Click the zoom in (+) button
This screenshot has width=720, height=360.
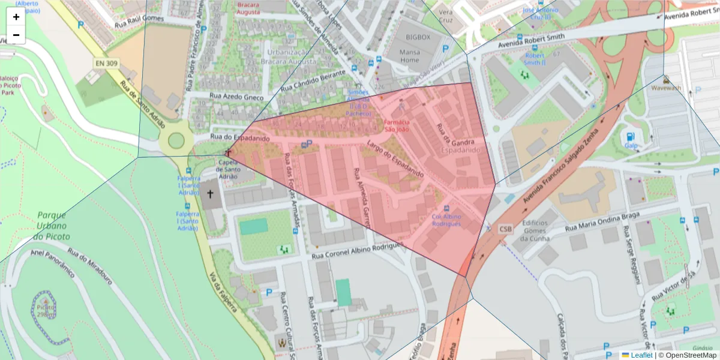point(16,17)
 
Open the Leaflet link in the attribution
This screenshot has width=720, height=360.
point(641,355)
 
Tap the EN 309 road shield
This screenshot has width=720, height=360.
point(106,63)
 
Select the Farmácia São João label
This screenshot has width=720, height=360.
point(397,125)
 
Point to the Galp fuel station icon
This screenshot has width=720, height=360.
point(631,137)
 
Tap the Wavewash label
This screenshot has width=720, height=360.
point(665,88)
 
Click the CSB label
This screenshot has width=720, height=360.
point(506,229)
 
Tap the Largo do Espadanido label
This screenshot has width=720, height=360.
point(395,160)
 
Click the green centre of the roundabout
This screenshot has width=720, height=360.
point(176,141)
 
